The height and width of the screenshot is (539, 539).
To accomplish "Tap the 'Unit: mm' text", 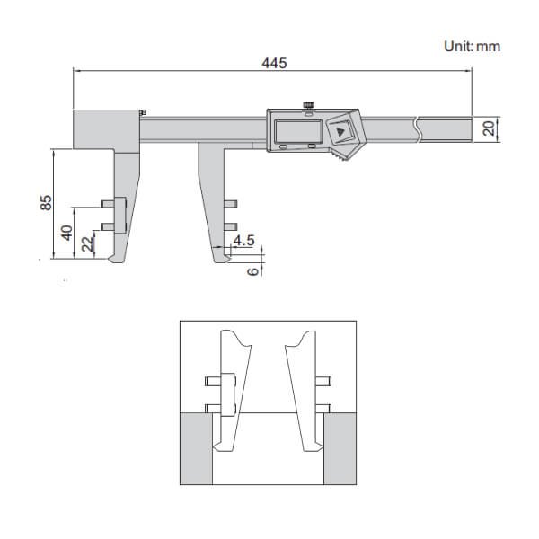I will click(472, 45).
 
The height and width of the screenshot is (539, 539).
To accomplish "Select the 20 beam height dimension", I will click(490, 128).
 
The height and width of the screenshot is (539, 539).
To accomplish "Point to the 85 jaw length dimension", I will click(46, 204).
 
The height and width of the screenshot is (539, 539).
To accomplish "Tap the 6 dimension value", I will click(253, 269).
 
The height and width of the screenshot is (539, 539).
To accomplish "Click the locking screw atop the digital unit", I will click(309, 106).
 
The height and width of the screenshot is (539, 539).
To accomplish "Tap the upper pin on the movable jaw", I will click(231, 204).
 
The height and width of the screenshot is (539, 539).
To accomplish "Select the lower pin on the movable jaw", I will click(231, 225).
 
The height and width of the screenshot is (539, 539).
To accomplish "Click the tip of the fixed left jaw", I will click(112, 261).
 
